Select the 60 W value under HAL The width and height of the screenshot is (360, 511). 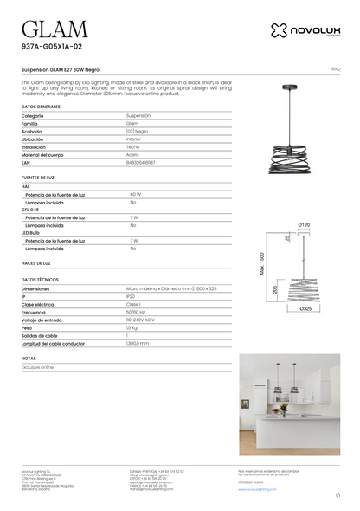[135, 194]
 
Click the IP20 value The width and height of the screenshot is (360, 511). [131, 296]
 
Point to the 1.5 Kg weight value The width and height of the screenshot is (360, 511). [132, 327]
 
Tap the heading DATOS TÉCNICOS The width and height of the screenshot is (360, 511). [40, 280]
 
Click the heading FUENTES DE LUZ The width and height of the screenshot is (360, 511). [38, 178]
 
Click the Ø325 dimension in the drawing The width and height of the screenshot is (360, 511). [305, 308]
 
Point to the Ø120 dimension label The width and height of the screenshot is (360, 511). [304, 224]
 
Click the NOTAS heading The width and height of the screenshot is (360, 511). [29, 358]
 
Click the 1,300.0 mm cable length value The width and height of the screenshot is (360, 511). [138, 343]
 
